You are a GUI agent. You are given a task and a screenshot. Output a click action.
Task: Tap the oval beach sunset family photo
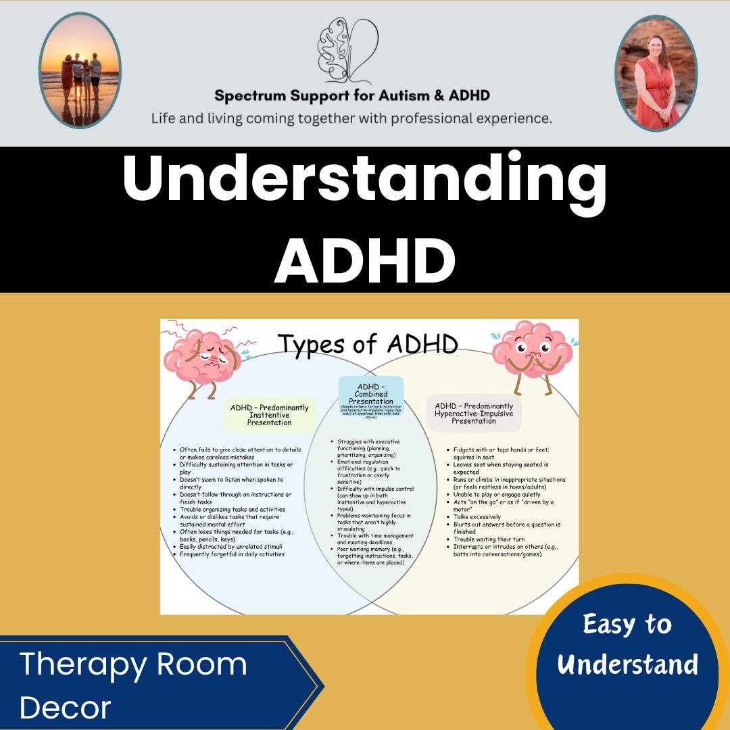pos(80,71)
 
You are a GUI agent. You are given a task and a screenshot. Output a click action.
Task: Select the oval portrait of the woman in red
pos(656,72)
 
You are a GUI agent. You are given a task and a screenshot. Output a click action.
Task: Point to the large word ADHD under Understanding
pos(364,260)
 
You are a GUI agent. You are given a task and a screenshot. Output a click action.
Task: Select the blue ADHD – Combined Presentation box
pos(371,395)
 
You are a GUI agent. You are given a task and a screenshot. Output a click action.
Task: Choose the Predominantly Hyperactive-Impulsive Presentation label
pos(474,414)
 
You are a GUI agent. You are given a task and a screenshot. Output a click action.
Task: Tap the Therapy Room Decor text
pos(133,685)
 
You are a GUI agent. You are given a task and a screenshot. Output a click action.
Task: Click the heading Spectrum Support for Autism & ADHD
pos(351,95)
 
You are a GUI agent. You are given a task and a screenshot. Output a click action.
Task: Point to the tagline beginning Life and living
pos(351,118)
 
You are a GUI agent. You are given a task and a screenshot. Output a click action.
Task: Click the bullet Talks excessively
pos(477,517)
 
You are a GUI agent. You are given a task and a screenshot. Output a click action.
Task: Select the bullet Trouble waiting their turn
pos(489,539)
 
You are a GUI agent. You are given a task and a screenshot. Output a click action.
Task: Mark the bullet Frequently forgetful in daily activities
pos(232,554)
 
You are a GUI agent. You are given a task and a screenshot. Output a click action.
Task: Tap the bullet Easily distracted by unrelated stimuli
pos(230,547)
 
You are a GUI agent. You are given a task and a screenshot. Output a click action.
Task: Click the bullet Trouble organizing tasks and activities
pos(232,510)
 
